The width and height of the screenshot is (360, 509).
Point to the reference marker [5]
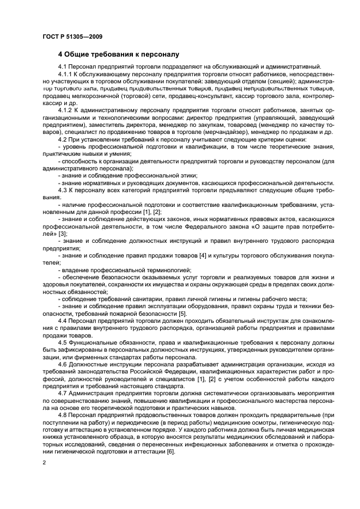pyautogui.click(x=182, y=313)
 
